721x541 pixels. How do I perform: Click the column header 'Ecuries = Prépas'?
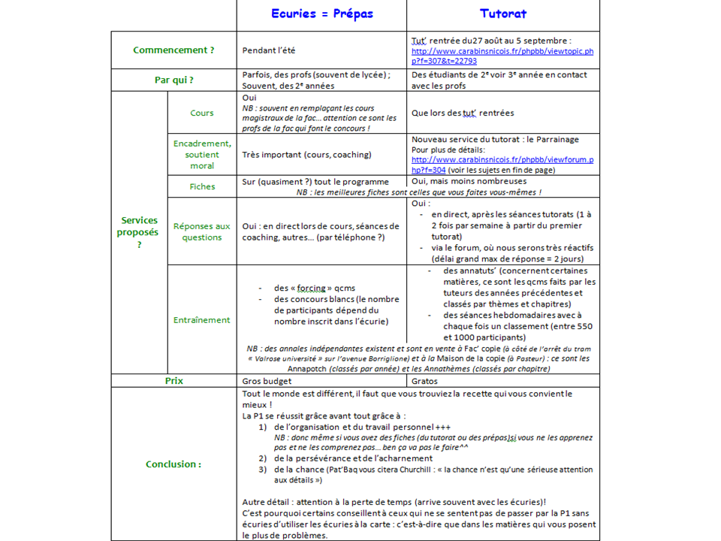click(x=322, y=14)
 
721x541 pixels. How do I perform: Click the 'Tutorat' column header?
click(x=503, y=14)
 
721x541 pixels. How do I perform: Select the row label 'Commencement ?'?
click(x=173, y=50)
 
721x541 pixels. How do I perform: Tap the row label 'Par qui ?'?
click(x=173, y=80)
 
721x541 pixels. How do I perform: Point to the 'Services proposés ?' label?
click(x=139, y=231)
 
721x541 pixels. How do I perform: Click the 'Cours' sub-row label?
click(x=202, y=113)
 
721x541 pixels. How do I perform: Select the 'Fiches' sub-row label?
click(x=202, y=186)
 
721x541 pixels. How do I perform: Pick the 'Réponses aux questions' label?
click(x=202, y=231)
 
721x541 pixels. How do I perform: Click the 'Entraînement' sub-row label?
click(x=202, y=319)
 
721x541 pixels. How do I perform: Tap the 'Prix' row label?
click(x=173, y=381)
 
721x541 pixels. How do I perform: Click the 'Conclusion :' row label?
click(x=173, y=464)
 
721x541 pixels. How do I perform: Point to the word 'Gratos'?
click(x=425, y=381)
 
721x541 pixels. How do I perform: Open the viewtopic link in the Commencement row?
click(x=502, y=56)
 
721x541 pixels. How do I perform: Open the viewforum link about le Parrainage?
click(x=502, y=165)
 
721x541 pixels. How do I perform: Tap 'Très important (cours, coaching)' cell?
click(x=306, y=155)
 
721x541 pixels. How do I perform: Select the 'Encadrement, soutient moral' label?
click(x=202, y=154)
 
